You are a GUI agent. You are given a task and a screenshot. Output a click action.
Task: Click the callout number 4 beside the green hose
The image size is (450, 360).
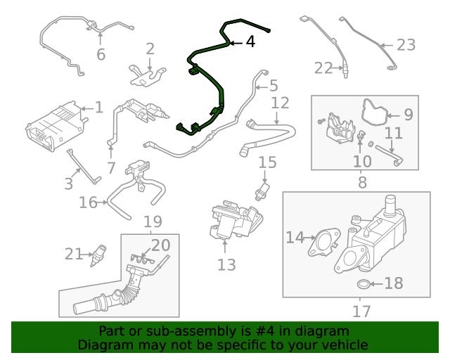point(250,42)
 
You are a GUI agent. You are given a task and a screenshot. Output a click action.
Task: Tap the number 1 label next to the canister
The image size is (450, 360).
point(98,108)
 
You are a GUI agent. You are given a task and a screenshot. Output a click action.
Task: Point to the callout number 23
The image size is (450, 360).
point(406,45)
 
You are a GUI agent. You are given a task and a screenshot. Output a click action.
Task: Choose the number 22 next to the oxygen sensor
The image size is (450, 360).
point(323,68)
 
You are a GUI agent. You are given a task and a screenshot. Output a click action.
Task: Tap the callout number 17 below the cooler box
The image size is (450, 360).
point(361,310)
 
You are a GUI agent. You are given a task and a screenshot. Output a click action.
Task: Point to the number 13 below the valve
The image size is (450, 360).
point(226,264)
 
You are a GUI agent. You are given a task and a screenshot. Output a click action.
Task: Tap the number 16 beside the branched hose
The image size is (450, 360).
point(88,203)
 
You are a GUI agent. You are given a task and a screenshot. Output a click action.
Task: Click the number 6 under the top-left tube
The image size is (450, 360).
point(101,53)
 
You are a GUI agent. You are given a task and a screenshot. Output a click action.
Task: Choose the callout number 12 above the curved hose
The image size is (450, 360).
point(280,103)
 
